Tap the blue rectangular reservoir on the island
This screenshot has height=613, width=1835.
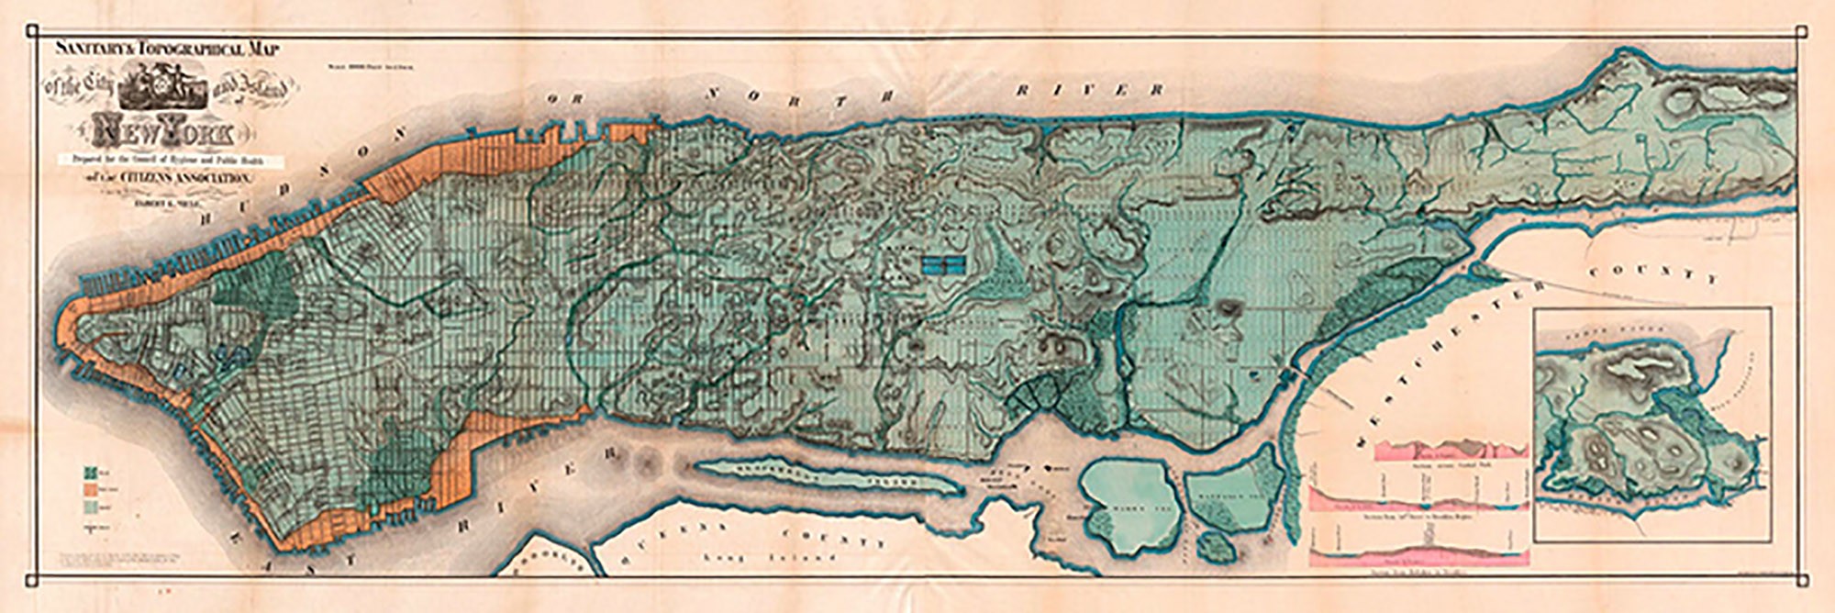[x=945, y=265]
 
